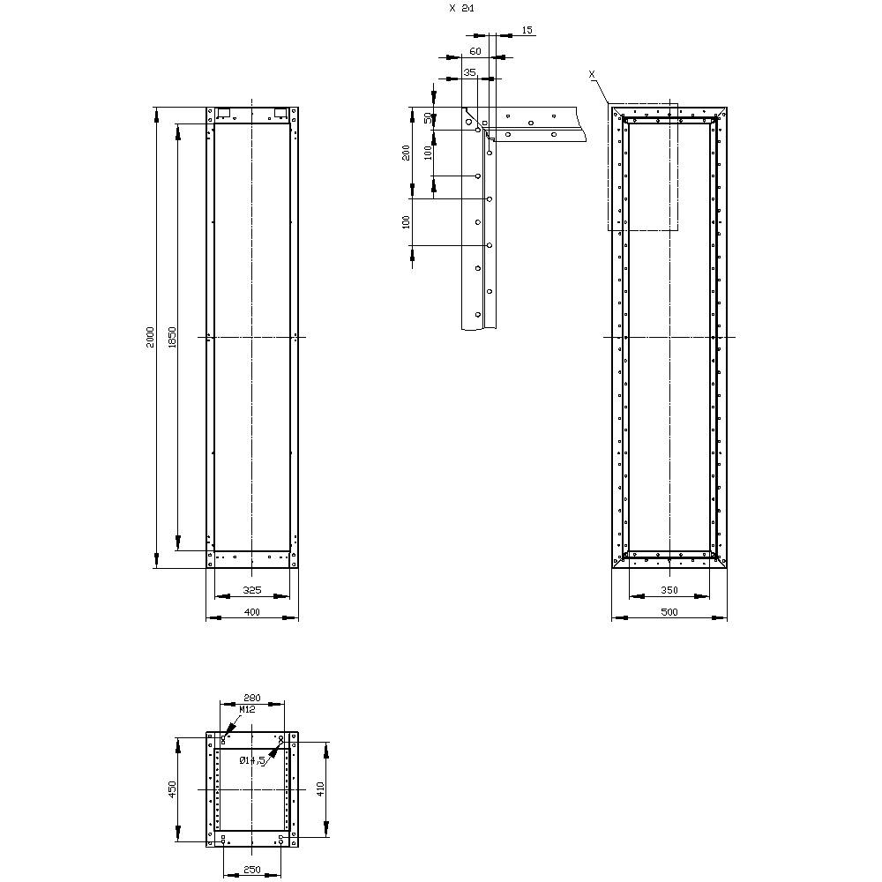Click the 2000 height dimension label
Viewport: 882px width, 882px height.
pos(151,337)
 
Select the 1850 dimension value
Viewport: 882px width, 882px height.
pos(173,337)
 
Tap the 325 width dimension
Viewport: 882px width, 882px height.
pos(251,589)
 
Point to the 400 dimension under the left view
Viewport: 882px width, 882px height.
pos(251,612)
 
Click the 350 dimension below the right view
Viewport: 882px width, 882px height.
pos(669,589)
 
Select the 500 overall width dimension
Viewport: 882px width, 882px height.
pos(669,612)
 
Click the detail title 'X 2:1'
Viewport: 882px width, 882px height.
pos(460,7)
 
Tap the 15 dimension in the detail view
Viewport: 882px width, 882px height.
pos(527,30)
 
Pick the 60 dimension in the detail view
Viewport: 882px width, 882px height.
pos(475,52)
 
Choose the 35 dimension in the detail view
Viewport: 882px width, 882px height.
pos(469,71)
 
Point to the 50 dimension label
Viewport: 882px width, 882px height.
pos(429,117)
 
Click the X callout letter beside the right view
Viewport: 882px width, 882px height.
pos(592,75)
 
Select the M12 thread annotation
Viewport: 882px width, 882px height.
pos(248,708)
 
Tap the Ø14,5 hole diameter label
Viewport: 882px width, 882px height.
pos(252,760)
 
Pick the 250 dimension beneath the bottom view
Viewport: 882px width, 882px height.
pos(251,871)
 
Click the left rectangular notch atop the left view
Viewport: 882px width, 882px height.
pos(223,112)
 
